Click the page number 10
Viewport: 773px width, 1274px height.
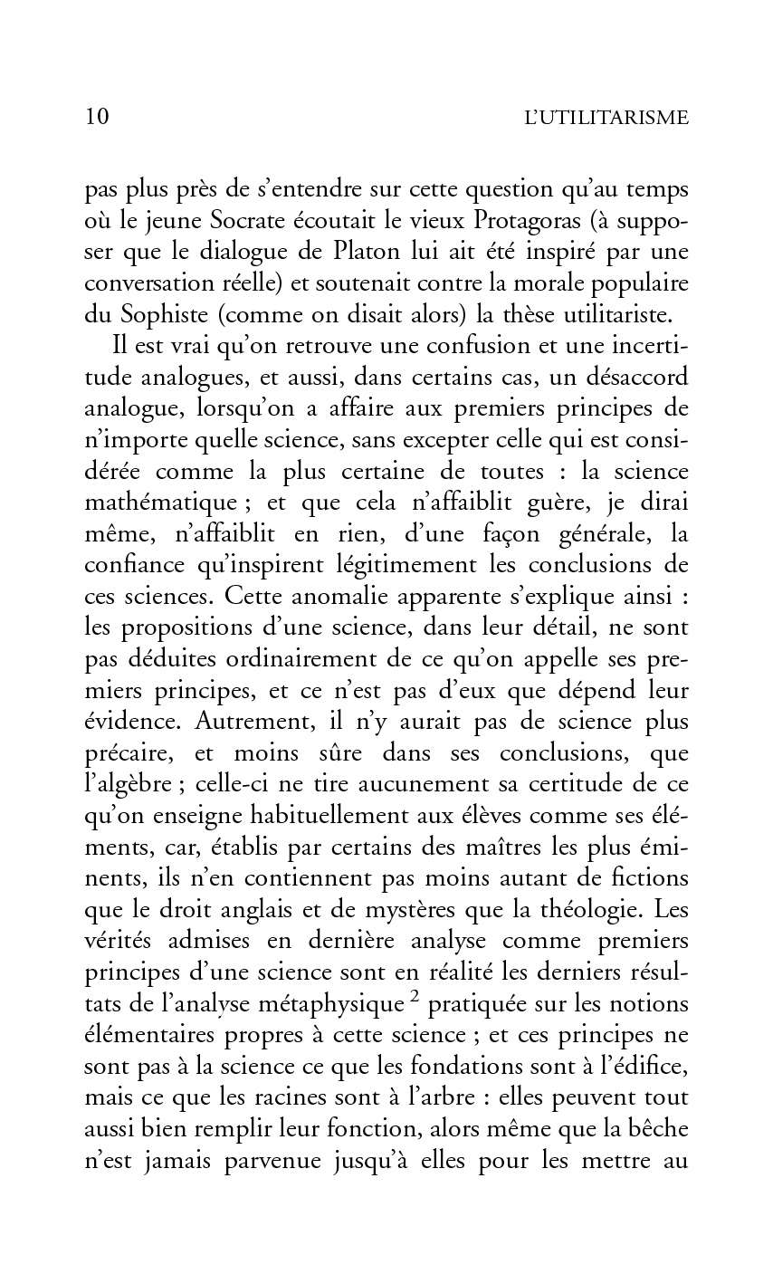tap(97, 118)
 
